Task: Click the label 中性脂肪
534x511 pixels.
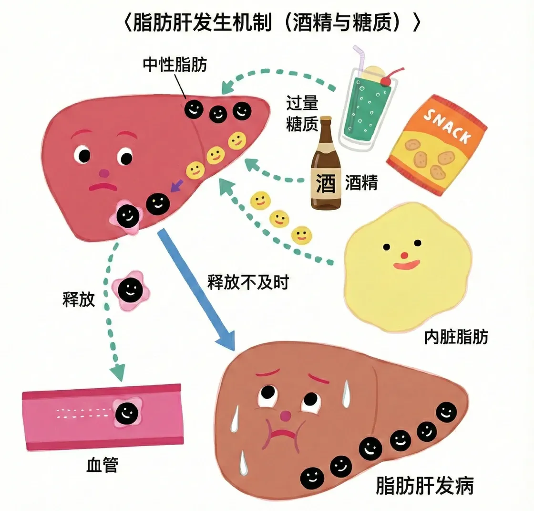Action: coord(175,65)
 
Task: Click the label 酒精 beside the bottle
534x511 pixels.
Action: coord(361,182)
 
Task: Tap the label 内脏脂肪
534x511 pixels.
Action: coord(456,337)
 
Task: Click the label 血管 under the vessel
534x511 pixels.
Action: coord(102,464)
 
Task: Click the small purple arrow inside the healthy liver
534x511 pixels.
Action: coord(176,184)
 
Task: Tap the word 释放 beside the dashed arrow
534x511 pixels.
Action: coord(79,299)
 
